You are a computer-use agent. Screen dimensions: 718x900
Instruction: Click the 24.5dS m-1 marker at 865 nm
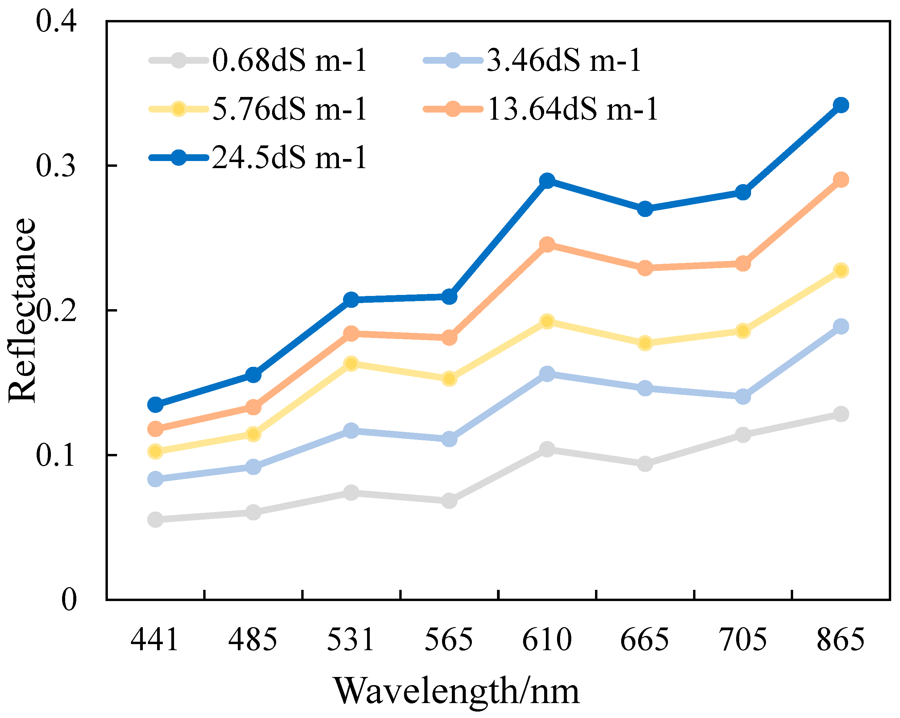coord(840,105)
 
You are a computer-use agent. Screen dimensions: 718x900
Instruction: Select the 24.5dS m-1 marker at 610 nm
coord(547,181)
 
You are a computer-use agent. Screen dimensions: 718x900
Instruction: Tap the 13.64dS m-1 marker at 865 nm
coord(840,180)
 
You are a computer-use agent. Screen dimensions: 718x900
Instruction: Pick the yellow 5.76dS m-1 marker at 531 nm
coord(351,364)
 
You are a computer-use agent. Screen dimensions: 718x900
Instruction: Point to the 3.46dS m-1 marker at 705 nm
coord(743,396)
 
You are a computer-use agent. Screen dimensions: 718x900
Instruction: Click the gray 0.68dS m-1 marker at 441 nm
coord(155,519)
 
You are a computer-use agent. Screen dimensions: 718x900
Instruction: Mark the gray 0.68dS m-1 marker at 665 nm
coord(645,463)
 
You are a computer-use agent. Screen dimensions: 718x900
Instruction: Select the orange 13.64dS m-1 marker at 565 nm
coord(449,337)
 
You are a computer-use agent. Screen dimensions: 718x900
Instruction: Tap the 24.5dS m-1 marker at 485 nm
coord(253,375)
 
